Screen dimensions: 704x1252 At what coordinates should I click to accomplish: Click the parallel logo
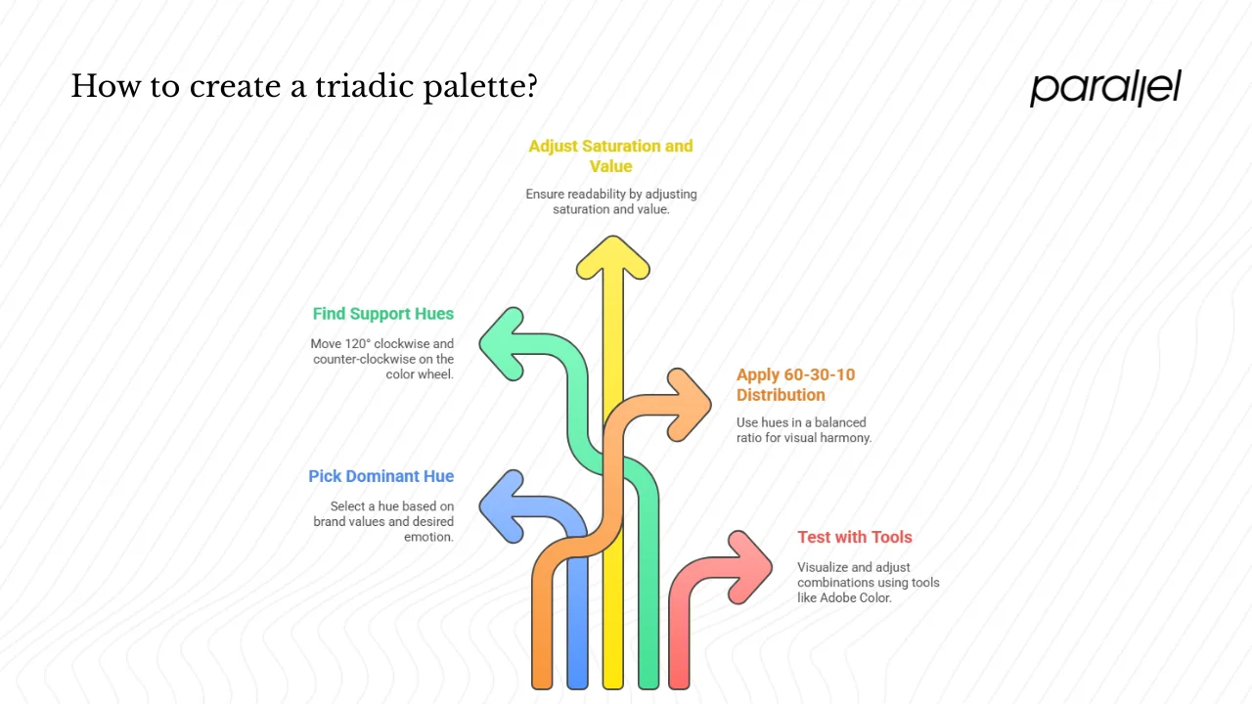coord(1105,87)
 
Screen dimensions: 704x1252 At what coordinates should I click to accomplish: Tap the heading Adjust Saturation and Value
coord(610,155)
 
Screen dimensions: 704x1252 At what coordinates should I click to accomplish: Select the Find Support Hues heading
coord(383,314)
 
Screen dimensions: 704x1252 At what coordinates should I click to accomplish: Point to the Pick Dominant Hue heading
coord(381,476)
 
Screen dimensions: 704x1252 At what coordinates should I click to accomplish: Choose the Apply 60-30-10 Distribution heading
coord(795,384)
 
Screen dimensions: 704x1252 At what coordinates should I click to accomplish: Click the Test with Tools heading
coord(854,537)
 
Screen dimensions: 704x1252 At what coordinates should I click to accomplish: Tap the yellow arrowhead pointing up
coord(612,259)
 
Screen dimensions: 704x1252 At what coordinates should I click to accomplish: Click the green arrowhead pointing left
coord(504,343)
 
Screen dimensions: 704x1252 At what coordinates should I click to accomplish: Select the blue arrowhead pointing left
coord(504,506)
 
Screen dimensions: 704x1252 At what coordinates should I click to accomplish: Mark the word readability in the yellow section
coord(596,195)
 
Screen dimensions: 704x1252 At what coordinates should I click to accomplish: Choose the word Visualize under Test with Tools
coord(826,567)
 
